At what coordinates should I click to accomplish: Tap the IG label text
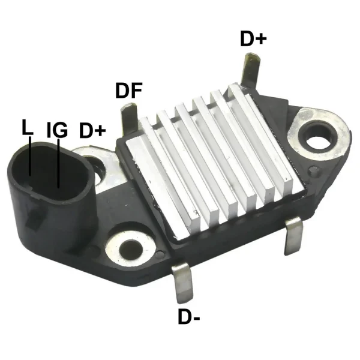(56, 130)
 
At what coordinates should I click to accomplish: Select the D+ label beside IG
(93, 130)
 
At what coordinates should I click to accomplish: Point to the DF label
(128, 91)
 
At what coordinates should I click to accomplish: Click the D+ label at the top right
(253, 39)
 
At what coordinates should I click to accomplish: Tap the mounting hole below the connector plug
(130, 247)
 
